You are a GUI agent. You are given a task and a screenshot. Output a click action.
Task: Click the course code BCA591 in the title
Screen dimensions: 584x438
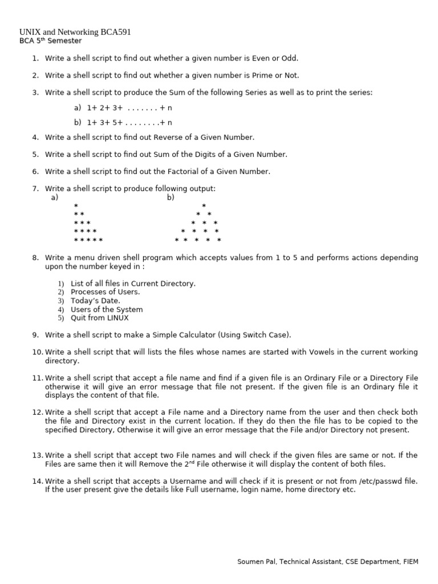(116, 32)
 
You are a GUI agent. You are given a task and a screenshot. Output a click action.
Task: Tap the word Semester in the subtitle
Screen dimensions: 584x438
(64, 41)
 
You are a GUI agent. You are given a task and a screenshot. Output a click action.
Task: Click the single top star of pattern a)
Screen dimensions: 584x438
(76, 206)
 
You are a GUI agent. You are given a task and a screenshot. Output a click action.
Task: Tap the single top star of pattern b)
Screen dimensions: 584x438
(204, 206)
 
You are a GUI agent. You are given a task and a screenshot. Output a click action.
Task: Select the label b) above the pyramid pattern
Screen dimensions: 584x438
(171, 197)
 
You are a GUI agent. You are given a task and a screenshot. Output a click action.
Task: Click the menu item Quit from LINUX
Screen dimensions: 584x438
(99, 318)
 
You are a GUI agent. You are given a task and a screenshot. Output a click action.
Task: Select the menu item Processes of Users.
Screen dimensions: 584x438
(105, 292)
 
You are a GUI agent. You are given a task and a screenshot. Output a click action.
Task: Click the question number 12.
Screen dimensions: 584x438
(37, 412)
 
